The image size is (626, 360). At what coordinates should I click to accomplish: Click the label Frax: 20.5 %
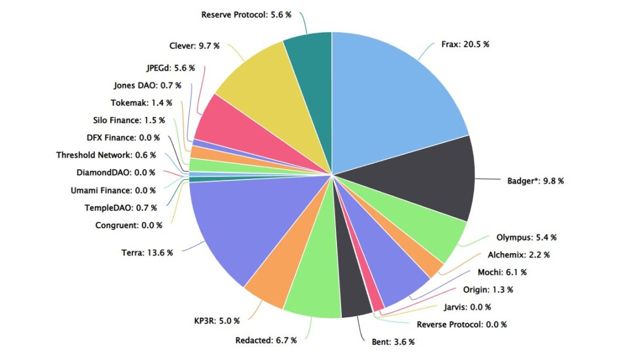pos(465,44)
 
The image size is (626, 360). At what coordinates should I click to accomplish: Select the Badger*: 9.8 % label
pos(535,181)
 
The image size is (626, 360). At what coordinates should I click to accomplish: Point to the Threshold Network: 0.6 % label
pos(106,155)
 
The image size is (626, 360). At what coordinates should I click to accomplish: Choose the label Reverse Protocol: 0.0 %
pos(461,324)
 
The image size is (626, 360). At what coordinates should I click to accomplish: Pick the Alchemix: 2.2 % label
pos(518,255)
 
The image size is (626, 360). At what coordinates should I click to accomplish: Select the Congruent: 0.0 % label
pos(126,225)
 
